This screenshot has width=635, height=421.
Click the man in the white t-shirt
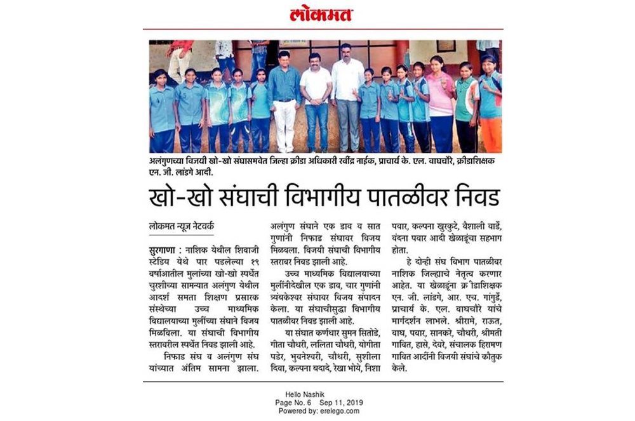pos(316,101)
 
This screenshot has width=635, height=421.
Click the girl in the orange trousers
pos(490,105)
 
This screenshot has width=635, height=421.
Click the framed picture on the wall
pos(446,46)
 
